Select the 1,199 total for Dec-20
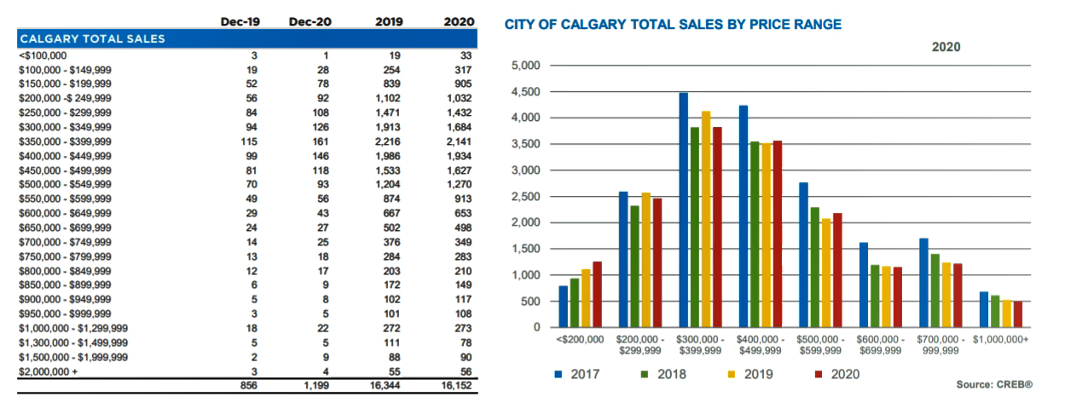coord(315,385)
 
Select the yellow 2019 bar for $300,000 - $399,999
coord(706,220)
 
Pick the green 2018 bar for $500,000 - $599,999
coord(815,267)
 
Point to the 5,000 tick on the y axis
coord(526,66)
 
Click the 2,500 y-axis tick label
coord(526,197)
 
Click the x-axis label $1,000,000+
coord(1000,339)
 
